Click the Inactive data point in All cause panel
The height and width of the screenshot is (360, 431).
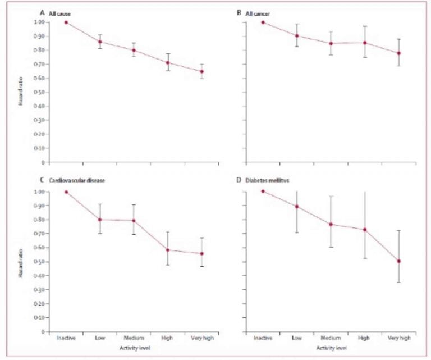[66, 22]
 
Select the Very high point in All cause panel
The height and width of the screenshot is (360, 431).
[202, 71]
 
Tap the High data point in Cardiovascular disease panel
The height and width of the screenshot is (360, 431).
[168, 250]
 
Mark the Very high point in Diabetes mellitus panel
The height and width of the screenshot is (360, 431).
[398, 261]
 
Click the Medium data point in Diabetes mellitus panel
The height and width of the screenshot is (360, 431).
[331, 224]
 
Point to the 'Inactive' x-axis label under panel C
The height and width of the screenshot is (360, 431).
[66, 339]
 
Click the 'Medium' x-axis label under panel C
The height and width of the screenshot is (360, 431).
[134, 339]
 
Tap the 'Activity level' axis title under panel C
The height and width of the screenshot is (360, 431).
[134, 348]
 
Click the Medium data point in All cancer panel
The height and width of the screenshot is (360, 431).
[331, 43]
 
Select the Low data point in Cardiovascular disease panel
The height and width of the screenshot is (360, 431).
[100, 219]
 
